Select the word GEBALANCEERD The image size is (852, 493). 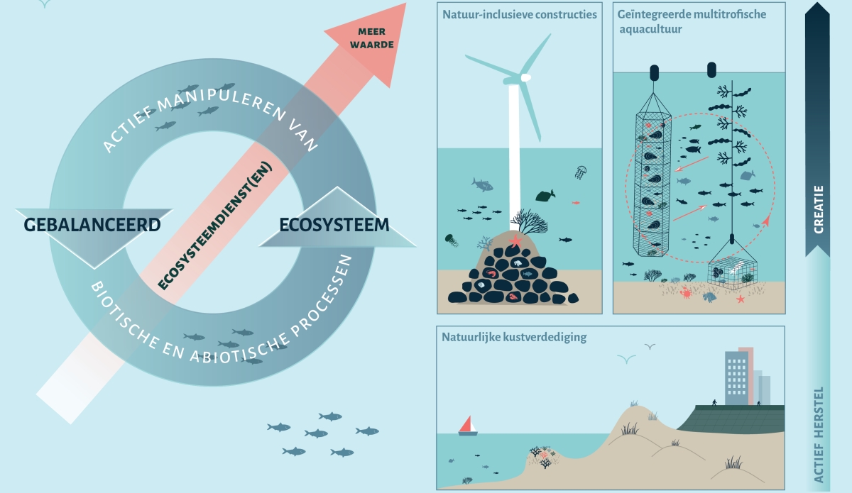point(92,226)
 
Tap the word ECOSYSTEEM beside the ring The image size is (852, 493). point(334,226)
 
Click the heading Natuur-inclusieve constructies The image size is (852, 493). point(520,14)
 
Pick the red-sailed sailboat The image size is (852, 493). point(468,425)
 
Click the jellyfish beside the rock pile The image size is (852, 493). point(452,240)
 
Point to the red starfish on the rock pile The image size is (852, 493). point(515,243)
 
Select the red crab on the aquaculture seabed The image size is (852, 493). point(687,293)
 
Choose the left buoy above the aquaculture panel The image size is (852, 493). point(655,72)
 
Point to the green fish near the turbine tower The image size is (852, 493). point(545,195)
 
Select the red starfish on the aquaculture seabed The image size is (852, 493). point(741,299)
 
